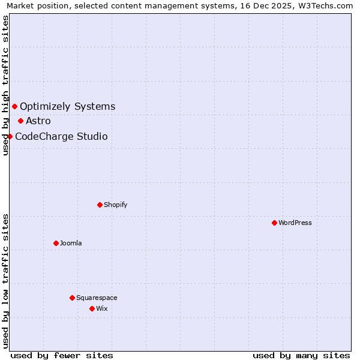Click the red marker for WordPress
point(274,223)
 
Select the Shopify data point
point(100,205)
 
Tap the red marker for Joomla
point(56,243)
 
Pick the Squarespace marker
point(72,298)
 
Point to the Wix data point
point(92,308)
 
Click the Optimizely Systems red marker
point(14,107)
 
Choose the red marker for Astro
point(20,121)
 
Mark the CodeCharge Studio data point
point(10,136)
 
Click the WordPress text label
point(295,223)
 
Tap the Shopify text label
point(116,205)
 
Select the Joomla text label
point(71,243)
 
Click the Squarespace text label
point(97,298)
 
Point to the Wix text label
point(102,308)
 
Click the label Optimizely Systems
point(67,107)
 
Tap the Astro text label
point(38,121)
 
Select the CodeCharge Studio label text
point(61,136)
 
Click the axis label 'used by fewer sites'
point(62,355)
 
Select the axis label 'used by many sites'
point(301,355)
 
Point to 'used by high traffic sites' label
point(5,85)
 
